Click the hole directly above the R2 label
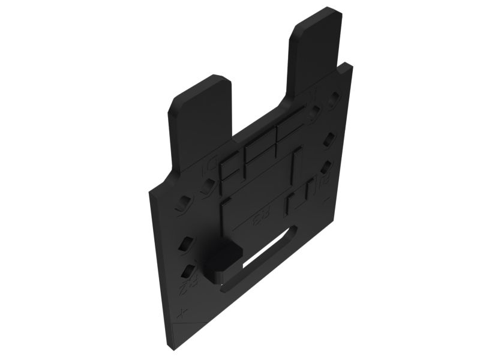click(188, 271)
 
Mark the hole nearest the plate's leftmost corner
click(179, 208)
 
